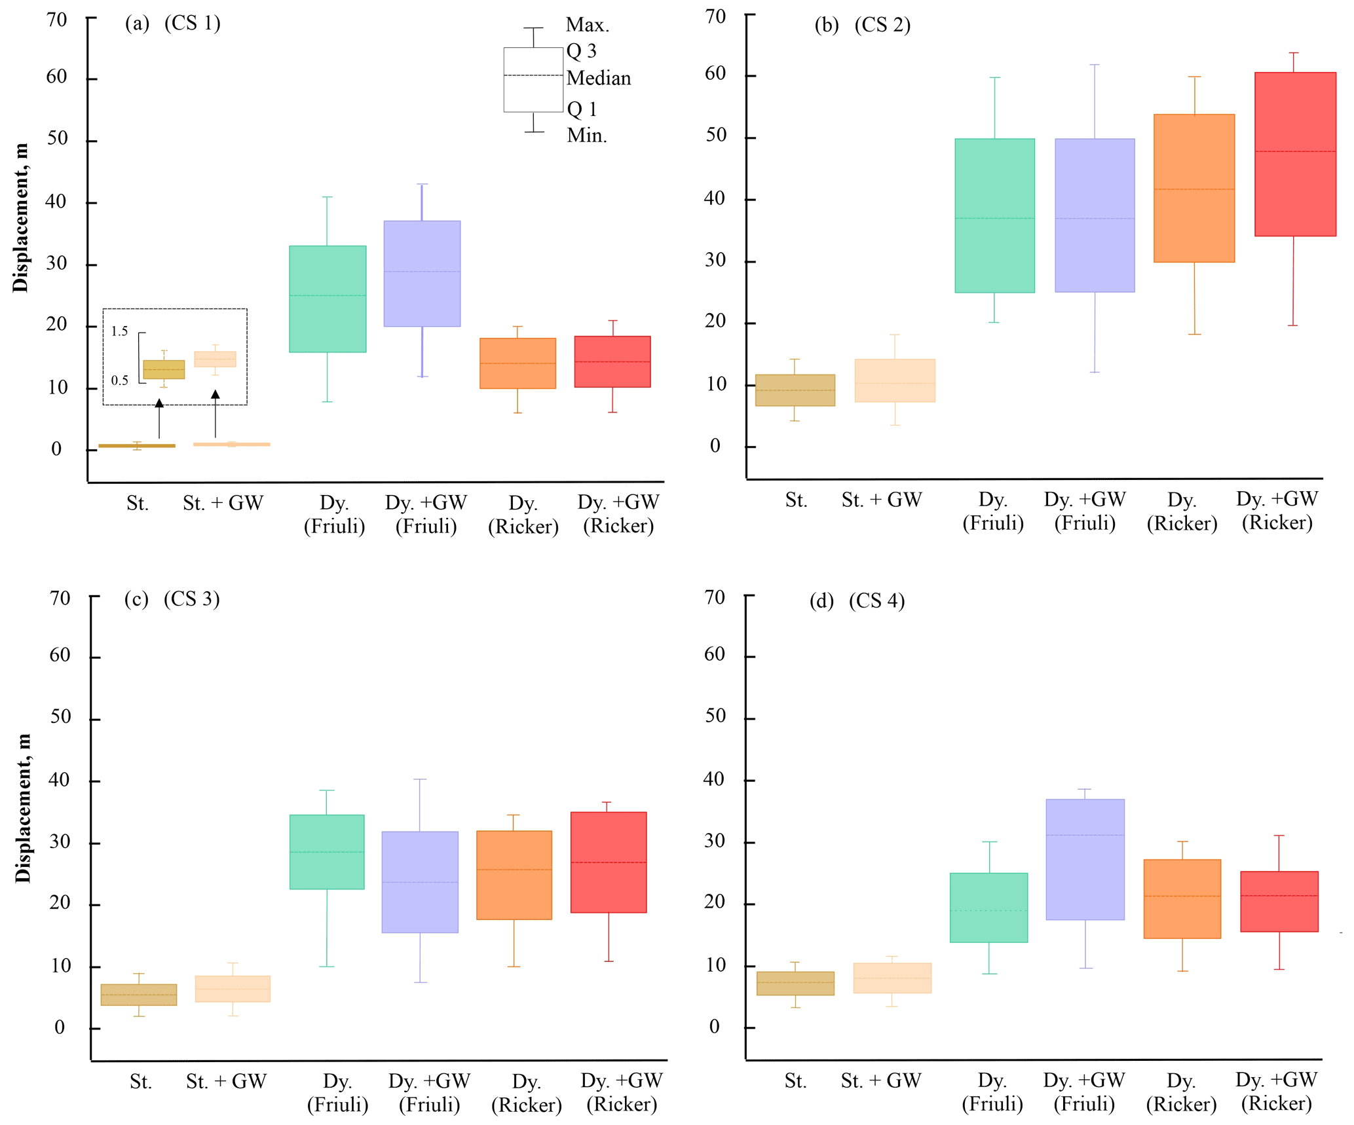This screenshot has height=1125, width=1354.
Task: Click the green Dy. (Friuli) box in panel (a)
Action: (x=328, y=299)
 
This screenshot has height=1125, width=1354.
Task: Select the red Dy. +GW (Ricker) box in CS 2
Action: (x=1295, y=154)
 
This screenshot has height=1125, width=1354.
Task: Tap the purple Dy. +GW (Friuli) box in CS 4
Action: (x=1085, y=859)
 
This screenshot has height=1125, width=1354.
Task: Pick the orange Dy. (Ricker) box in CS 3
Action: (x=514, y=875)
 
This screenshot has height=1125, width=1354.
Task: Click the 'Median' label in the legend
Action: (x=598, y=78)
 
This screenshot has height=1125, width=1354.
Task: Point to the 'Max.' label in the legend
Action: (x=587, y=25)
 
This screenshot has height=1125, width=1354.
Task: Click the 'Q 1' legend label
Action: (x=582, y=109)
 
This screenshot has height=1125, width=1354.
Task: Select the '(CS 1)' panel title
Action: (x=192, y=23)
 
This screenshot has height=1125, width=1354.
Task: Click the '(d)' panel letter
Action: (x=821, y=600)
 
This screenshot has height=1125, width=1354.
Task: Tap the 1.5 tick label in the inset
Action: (x=119, y=331)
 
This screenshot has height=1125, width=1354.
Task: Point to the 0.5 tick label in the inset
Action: (x=119, y=380)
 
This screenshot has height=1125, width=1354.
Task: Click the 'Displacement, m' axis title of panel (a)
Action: (x=20, y=217)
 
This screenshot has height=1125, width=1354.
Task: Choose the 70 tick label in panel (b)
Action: (x=715, y=16)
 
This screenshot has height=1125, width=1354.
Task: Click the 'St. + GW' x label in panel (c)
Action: (x=226, y=1081)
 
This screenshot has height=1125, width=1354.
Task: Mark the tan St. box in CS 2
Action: (x=795, y=390)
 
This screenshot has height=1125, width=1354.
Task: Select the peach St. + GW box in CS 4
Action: (x=892, y=978)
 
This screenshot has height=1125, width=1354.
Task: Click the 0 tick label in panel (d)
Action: (x=714, y=1026)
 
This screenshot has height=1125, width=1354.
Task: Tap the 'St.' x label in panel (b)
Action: (x=796, y=500)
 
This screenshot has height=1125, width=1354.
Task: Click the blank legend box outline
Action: (x=533, y=79)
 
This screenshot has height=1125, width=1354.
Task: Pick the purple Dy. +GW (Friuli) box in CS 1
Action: (x=422, y=274)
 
